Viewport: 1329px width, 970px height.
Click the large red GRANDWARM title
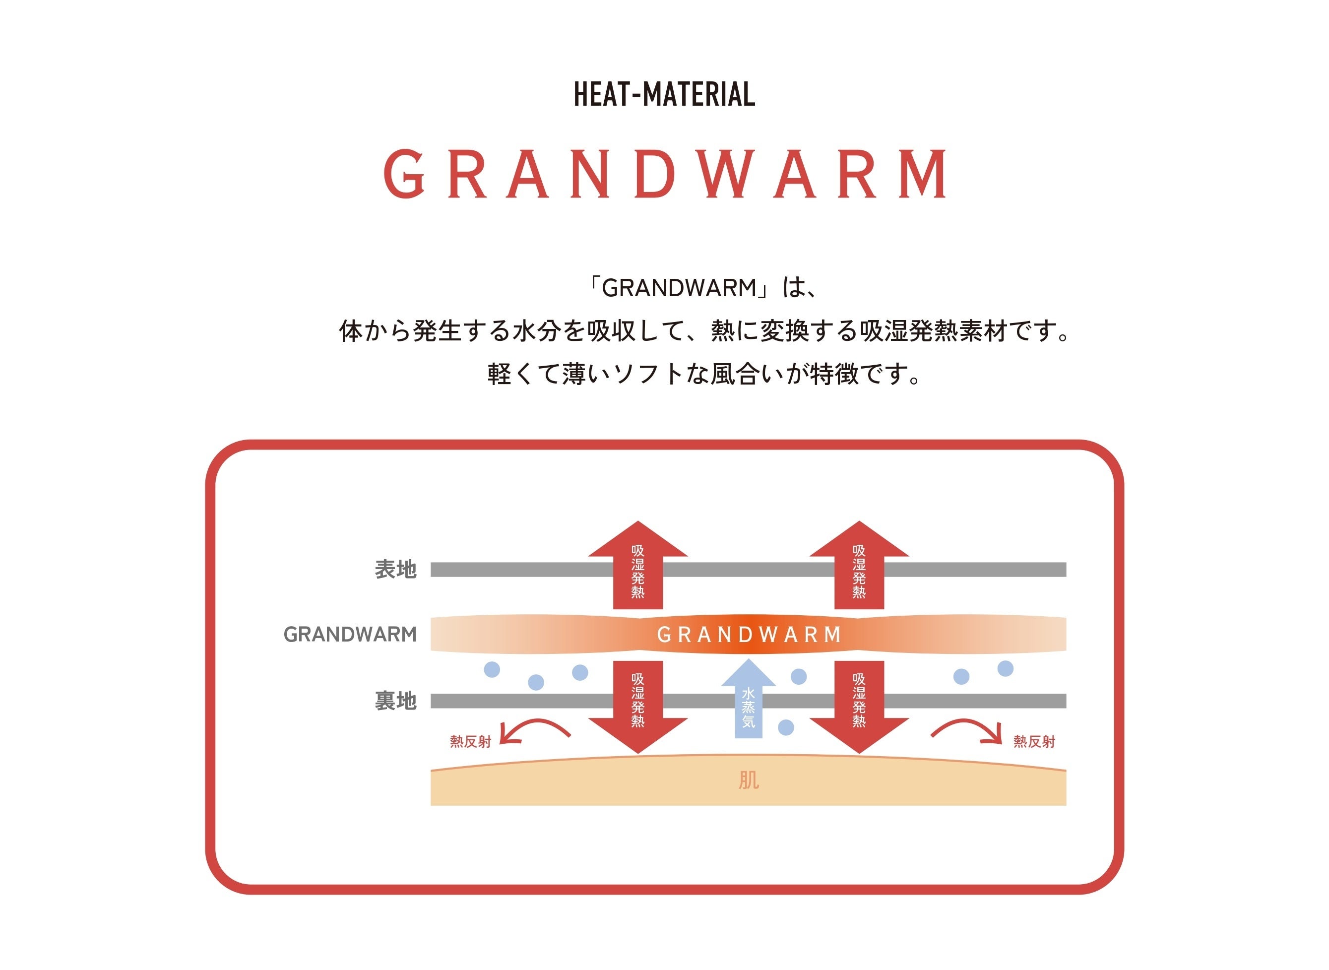click(665, 174)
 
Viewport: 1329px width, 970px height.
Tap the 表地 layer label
click(396, 570)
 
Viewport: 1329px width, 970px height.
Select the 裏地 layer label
click(396, 701)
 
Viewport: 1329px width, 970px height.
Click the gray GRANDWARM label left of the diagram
click(350, 635)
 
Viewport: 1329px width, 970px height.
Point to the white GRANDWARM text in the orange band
click(749, 635)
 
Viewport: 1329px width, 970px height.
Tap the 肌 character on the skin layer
click(749, 780)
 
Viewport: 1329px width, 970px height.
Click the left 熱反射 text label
click(470, 742)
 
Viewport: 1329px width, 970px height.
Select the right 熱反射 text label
click(1034, 742)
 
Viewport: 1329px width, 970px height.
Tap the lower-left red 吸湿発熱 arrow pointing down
click(638, 705)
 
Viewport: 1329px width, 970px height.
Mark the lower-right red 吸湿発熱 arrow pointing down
click(859, 705)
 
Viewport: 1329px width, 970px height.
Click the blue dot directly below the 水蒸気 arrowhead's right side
click(786, 728)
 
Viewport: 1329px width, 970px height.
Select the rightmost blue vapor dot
click(1006, 668)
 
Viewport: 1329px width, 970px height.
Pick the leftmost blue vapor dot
click(492, 669)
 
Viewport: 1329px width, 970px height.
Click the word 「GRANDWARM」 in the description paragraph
click(679, 288)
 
